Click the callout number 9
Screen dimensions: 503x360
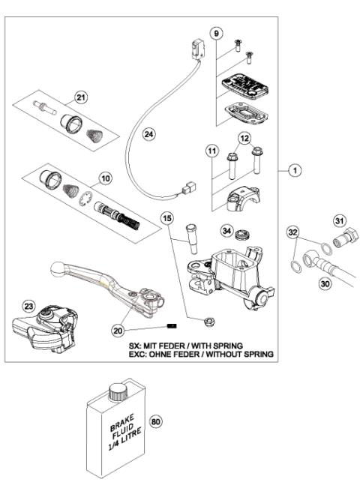pos(217,34)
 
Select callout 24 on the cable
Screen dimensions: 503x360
pos(149,134)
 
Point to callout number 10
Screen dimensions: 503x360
pos(105,180)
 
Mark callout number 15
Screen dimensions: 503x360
pos(169,218)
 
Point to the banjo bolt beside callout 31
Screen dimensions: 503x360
pos(348,242)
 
